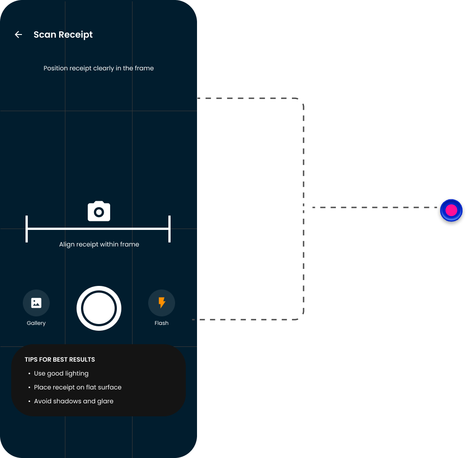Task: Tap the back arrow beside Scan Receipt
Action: [18, 35]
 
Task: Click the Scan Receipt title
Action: [63, 35]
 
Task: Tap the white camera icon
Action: [99, 211]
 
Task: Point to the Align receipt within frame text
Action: [99, 244]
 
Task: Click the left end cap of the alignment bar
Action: [27, 229]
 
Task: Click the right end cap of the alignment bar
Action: [169, 229]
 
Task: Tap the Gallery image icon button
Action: [36, 302]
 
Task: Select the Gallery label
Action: [36, 323]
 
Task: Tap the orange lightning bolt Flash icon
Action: [162, 302]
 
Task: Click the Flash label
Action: [162, 323]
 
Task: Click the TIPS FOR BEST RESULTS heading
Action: [60, 359]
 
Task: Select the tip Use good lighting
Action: [61, 373]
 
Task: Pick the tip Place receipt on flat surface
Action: [78, 387]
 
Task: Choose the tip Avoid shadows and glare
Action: [73, 401]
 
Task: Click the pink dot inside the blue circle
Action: [451, 210]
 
